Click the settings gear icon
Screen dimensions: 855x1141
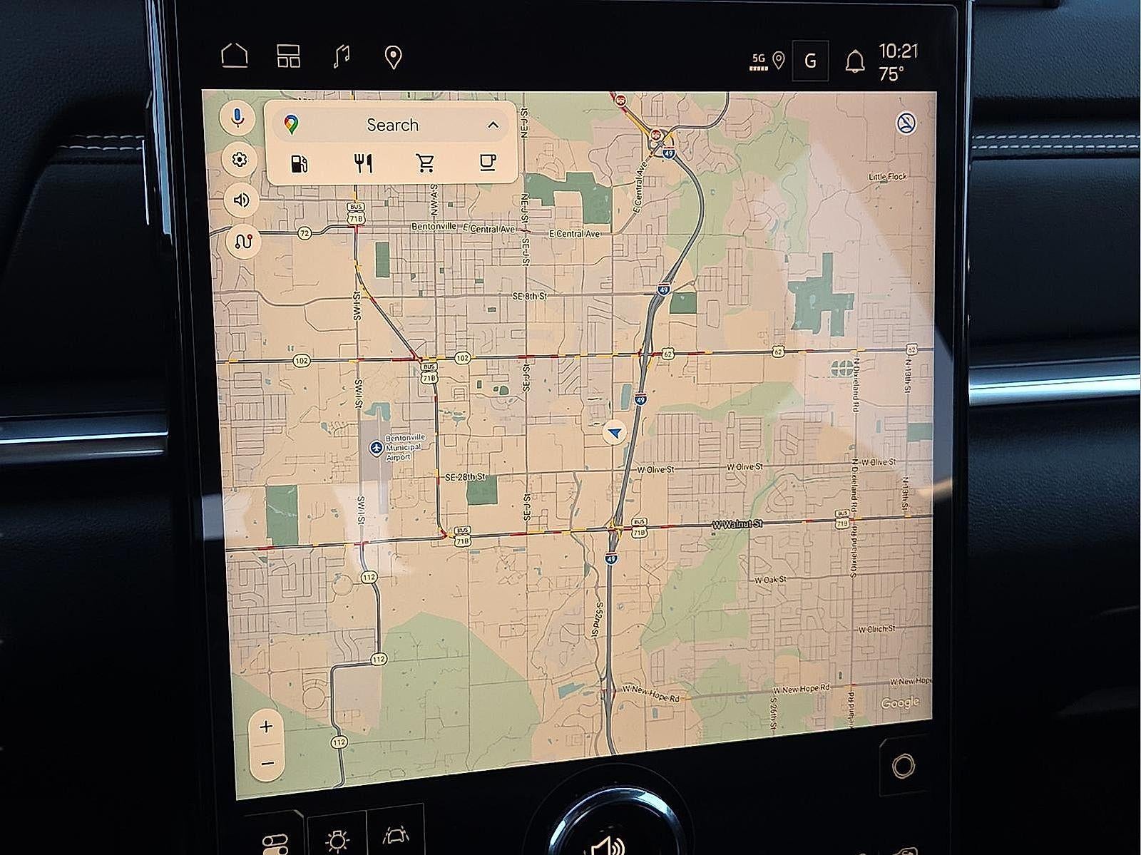(240, 160)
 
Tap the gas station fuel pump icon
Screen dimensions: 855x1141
(300, 164)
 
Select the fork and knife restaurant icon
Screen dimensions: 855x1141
(363, 164)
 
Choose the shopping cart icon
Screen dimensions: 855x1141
(426, 164)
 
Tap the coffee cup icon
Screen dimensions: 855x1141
(488, 163)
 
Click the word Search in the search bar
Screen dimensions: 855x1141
(392, 126)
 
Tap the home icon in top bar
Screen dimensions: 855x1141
(235, 56)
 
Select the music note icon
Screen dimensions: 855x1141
(342, 56)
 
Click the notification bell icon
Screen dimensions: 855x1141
(854, 62)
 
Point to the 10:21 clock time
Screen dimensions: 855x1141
(898, 51)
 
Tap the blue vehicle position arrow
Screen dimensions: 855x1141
(614, 432)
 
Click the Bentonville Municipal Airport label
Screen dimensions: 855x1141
(403, 447)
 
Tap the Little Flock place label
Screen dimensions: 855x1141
(888, 176)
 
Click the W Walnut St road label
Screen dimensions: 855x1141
(737, 524)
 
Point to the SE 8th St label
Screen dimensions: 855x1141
(529, 295)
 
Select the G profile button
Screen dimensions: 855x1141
(810, 61)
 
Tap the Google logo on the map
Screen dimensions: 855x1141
(900, 703)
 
